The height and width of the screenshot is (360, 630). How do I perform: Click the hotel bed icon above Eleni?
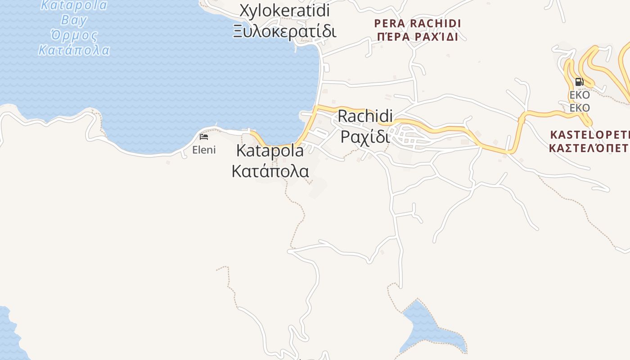(x=204, y=137)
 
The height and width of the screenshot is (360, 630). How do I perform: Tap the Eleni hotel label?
(x=204, y=150)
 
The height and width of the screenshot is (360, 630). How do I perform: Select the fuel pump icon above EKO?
(x=579, y=82)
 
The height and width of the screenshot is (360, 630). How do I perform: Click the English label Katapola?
(x=270, y=151)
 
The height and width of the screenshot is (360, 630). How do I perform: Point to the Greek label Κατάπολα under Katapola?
(x=270, y=171)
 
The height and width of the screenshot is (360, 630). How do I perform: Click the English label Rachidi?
(x=365, y=116)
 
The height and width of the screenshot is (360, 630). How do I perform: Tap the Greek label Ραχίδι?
(x=365, y=136)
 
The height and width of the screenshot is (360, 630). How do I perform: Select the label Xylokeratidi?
(x=284, y=10)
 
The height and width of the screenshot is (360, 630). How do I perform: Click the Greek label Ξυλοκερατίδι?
(x=284, y=31)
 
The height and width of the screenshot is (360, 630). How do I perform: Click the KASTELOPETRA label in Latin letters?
(x=589, y=134)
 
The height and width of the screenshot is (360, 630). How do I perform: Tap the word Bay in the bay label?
(x=74, y=20)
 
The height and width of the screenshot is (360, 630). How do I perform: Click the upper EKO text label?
(x=580, y=95)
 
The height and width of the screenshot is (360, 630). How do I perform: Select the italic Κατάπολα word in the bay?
(x=74, y=49)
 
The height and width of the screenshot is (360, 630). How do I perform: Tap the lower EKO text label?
(x=580, y=108)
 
